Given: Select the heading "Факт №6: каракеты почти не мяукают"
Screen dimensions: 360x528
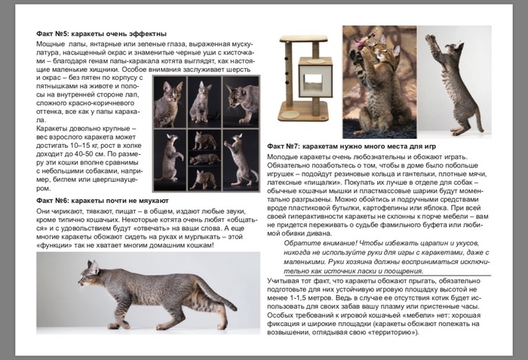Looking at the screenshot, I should coord(102,201).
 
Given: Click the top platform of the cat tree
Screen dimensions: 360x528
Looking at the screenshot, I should coord(296,40).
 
